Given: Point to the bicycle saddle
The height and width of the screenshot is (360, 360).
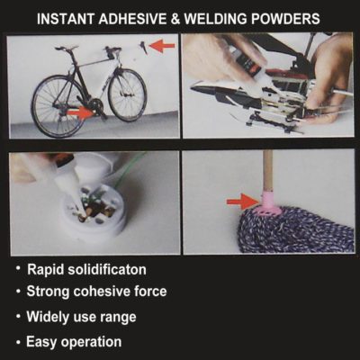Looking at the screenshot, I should point(67,48).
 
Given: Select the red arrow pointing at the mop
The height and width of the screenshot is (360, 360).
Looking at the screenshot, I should point(239,200).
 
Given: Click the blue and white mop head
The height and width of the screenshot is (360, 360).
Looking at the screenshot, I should point(288,230).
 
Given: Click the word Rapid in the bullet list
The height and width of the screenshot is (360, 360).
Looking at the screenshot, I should point(49,270).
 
